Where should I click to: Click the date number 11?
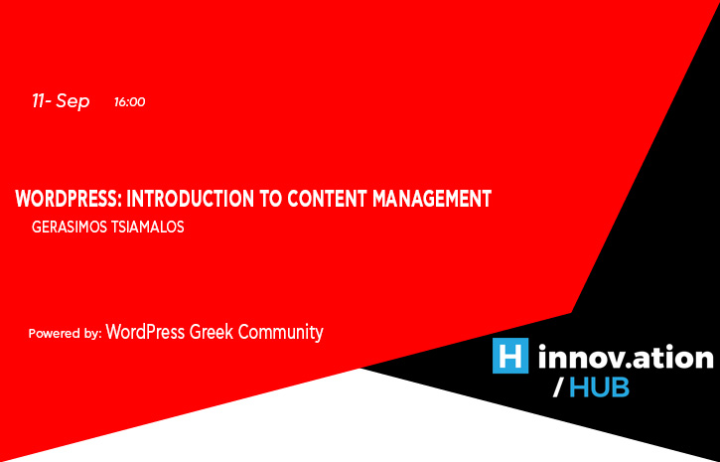[x=39, y=101]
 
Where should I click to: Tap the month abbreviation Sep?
[x=72, y=102]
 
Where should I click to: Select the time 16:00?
[x=129, y=102]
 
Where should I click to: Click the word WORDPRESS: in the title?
[x=68, y=199]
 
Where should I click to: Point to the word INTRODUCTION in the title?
[x=190, y=199]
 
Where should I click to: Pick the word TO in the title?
[x=270, y=199]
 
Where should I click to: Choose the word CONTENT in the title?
[x=327, y=199]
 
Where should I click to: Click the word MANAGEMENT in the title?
[x=432, y=199]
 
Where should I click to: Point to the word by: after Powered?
[x=92, y=334]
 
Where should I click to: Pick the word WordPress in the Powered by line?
[x=145, y=332]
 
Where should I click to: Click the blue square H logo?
[x=510, y=356]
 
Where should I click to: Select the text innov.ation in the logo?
[x=626, y=358]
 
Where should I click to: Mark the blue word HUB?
[x=599, y=387]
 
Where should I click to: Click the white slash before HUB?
[x=558, y=387]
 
